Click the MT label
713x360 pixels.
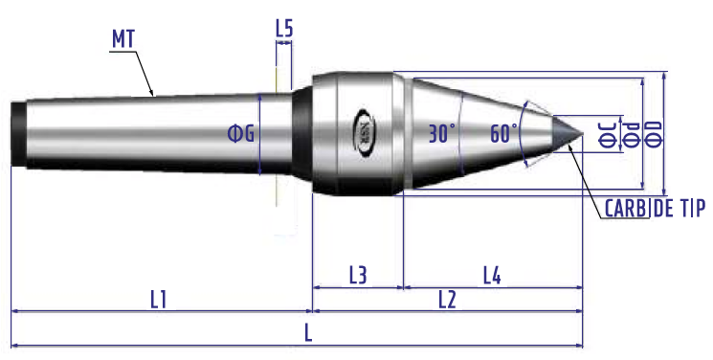[x=123, y=39]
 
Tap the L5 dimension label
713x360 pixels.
[x=284, y=28]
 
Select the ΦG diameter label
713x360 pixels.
[x=241, y=134]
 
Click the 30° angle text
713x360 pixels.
[x=442, y=134]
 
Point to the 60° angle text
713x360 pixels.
[x=503, y=134]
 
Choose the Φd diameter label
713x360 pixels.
[x=631, y=134]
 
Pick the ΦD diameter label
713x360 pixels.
[x=654, y=134]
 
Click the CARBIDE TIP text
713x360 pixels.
[x=655, y=209]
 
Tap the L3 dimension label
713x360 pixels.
[x=358, y=276]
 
